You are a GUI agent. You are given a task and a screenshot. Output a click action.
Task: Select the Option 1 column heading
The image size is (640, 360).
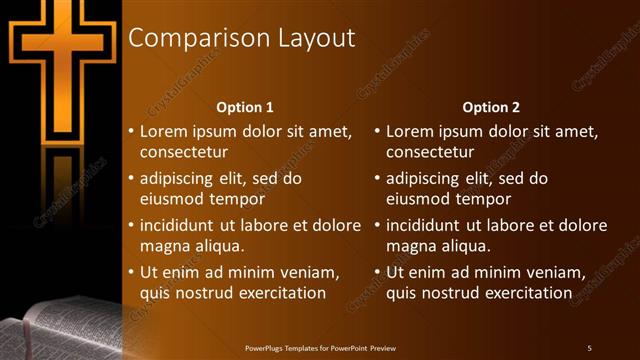245,106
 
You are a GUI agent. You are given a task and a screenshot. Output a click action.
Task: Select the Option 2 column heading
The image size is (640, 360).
491,106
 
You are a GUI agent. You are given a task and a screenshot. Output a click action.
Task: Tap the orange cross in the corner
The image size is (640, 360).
60,60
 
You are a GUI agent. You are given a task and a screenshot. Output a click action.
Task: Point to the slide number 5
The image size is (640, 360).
589,347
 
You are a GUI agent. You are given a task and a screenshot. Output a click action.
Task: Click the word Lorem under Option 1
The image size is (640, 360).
162,131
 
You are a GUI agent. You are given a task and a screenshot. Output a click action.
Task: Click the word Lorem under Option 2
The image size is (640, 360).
408,131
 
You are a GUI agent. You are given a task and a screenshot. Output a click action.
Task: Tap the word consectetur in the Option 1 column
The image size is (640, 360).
183,153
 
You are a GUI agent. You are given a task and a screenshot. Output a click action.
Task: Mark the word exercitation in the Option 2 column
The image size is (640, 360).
526,293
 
